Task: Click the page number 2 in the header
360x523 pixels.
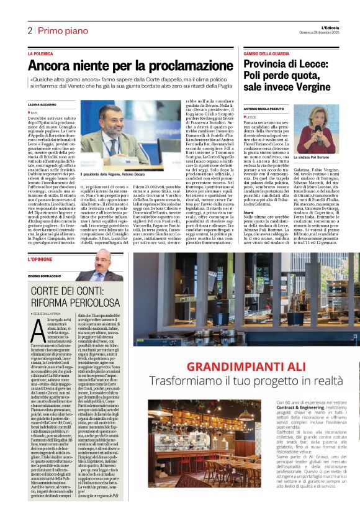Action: point(29,30)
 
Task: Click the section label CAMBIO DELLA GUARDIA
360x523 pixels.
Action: point(267,54)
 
